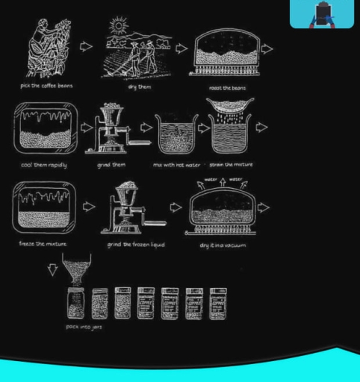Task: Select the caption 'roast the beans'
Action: click(227, 88)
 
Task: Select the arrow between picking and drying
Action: click(86, 47)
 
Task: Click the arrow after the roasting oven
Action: click(266, 49)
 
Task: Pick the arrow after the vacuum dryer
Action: click(263, 207)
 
